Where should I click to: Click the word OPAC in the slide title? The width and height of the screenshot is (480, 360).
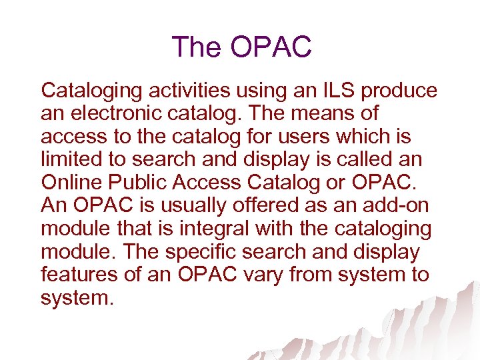[x=271, y=47]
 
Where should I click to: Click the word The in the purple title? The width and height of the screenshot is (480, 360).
[x=197, y=47]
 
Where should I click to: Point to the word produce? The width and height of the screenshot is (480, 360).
[x=399, y=91]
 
